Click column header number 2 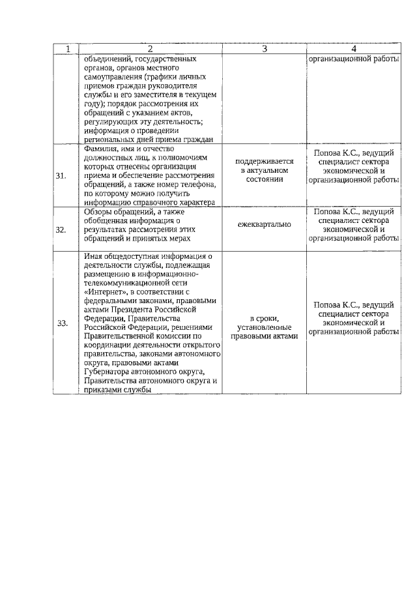[x=150, y=49]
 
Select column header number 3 [x=265, y=49]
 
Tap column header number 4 [x=354, y=49]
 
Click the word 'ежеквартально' [x=265, y=225]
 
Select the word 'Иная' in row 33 [x=93, y=256]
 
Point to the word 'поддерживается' [x=265, y=161]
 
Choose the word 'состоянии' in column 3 [x=265, y=179]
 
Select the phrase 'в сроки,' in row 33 [x=265, y=318]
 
